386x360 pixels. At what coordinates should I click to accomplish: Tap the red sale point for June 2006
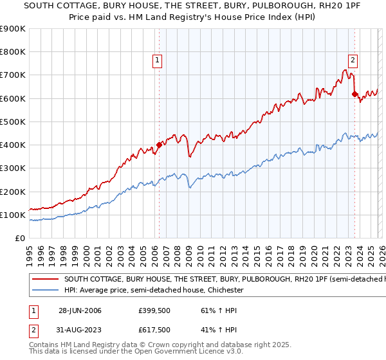[x=159, y=145]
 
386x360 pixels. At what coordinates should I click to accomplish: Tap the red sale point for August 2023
[x=354, y=94]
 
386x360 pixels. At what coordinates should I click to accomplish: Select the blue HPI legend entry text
[x=153, y=291]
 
